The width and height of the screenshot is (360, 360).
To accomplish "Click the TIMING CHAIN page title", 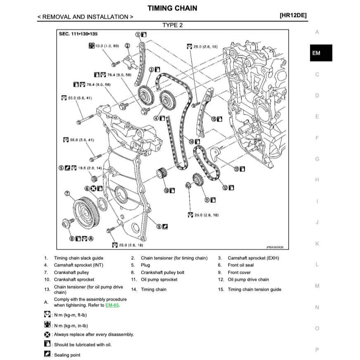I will click(172, 8).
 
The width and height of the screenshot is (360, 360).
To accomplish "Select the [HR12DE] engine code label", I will click(293, 17).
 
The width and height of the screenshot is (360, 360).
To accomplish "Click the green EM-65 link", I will click(112, 305).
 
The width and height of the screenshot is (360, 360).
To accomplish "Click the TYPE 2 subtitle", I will click(172, 25).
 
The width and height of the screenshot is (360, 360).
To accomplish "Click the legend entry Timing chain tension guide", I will click(254, 289).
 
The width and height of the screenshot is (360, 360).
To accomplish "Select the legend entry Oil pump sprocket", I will click(159, 279).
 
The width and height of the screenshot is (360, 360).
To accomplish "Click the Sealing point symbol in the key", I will click(47, 355).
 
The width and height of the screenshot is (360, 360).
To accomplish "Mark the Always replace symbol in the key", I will click(47, 334).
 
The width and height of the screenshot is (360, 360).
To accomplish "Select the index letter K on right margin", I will click(317, 244).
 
